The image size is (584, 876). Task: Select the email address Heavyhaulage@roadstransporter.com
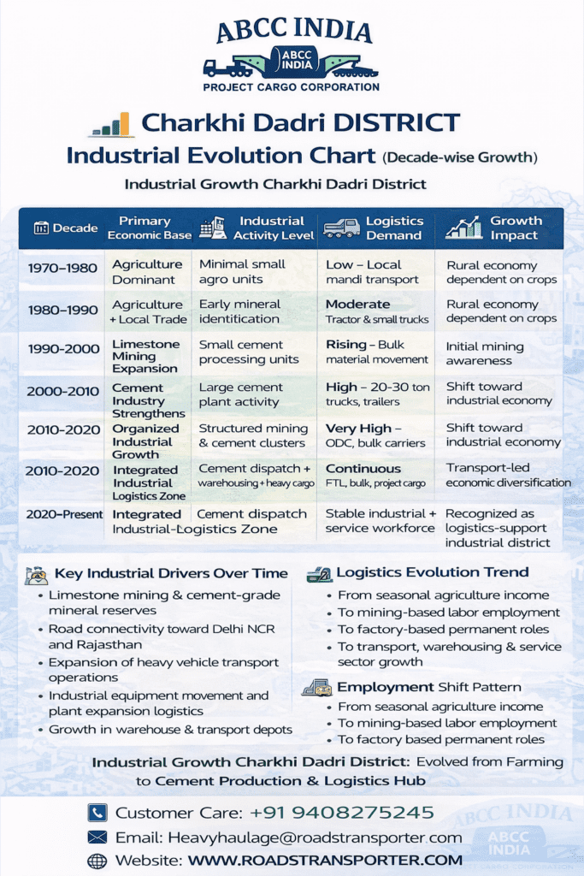(x=316, y=838)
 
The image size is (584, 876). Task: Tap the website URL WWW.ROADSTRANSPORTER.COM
(x=325, y=860)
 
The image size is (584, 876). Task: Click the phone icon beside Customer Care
(x=97, y=813)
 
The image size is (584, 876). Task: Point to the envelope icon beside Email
(x=97, y=838)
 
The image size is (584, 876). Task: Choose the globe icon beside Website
(x=97, y=861)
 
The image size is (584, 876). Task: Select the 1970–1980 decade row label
(x=62, y=268)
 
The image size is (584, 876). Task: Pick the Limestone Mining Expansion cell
(x=146, y=356)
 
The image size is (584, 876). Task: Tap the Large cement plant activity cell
(x=240, y=394)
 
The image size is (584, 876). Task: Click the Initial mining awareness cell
(x=485, y=353)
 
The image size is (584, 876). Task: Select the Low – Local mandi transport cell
(x=372, y=272)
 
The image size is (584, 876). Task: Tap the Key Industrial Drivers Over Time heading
(x=171, y=574)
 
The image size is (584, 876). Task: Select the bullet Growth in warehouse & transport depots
(x=170, y=730)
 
